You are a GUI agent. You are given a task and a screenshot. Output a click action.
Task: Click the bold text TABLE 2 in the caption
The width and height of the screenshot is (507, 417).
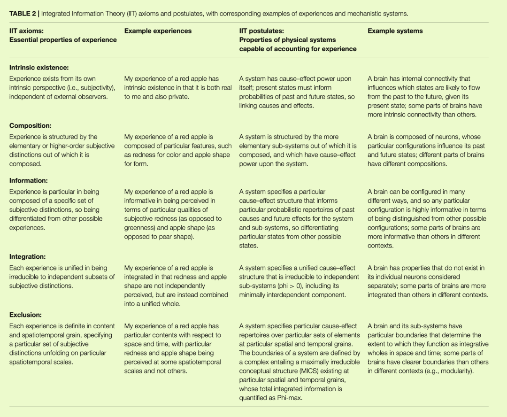[x=23, y=13]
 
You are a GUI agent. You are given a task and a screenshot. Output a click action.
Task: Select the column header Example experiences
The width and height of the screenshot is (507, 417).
[x=158, y=31]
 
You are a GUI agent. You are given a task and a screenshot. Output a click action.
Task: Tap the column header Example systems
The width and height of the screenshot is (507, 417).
[x=395, y=31]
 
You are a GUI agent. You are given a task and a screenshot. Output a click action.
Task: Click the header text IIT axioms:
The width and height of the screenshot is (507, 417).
[x=26, y=31]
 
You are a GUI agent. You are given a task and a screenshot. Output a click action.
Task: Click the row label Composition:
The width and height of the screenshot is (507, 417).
[x=30, y=126]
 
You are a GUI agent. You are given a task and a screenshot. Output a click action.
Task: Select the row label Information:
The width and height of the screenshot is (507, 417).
[x=29, y=181]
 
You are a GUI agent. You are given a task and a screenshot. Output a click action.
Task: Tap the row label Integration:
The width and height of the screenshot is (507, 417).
[x=27, y=257]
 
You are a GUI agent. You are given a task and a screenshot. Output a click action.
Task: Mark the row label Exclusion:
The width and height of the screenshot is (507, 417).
[x=25, y=315]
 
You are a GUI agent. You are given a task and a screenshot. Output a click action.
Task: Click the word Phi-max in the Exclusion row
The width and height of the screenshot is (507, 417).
[x=288, y=398]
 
